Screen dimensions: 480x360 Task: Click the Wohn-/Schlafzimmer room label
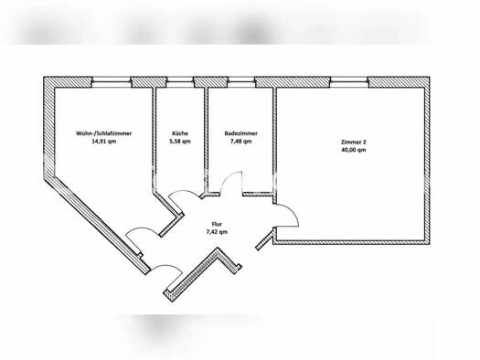[x=104, y=133]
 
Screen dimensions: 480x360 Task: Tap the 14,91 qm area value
[x=104, y=142]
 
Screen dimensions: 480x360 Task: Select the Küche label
[x=180, y=133]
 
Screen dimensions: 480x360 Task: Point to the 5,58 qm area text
[x=180, y=142]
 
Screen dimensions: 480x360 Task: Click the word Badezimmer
[x=241, y=133]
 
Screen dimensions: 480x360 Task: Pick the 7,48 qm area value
[x=241, y=142]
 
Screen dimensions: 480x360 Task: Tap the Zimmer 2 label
[x=353, y=142]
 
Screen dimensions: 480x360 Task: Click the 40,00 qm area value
[x=353, y=150]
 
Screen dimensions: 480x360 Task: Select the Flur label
[x=217, y=224]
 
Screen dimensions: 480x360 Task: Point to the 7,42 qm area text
[x=217, y=232]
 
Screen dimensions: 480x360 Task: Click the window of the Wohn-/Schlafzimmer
[x=112, y=82]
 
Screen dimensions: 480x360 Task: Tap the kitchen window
[x=180, y=82]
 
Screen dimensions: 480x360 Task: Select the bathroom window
[x=241, y=82]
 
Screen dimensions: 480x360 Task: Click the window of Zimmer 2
[x=349, y=82]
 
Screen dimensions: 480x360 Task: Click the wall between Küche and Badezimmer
[x=206, y=141]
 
